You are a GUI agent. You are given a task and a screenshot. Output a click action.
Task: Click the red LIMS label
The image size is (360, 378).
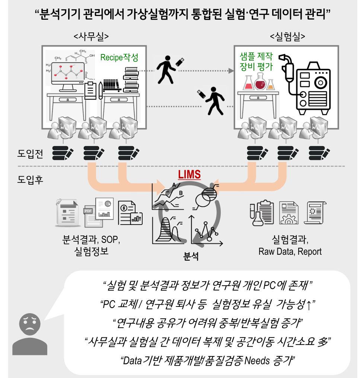tap(189, 174)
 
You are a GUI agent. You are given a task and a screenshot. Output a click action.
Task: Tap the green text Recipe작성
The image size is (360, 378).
tap(119, 57)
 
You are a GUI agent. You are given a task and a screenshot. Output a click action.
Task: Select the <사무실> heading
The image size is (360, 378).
tap(91, 36)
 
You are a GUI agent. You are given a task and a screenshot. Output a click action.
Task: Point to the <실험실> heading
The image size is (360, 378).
tap(287, 36)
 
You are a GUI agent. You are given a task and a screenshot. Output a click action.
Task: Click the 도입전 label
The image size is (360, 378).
tap(30, 153)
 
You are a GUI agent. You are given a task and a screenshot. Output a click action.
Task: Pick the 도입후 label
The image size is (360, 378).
tap(30, 180)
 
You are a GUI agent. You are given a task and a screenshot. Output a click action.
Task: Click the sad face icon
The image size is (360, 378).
tap(30, 324)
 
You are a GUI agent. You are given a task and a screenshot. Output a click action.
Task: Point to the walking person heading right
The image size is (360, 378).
tap(166, 69)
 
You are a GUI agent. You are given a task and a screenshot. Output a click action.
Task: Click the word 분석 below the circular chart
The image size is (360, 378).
tap(191, 256)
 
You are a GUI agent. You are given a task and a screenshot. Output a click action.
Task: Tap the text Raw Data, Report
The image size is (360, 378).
tap(290, 251)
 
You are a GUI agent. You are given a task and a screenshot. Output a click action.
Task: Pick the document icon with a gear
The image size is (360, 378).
tap(289, 213)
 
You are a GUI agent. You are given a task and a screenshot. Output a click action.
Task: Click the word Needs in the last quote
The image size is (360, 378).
tap(257, 360)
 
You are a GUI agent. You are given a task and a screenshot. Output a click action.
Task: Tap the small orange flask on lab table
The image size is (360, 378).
tap(271, 85)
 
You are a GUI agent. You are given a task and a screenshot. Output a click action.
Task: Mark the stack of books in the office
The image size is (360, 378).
tap(131, 80)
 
